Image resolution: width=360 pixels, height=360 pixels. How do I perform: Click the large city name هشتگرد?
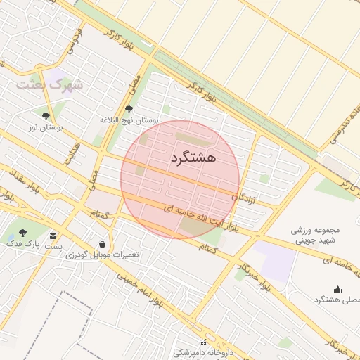coord(193,159)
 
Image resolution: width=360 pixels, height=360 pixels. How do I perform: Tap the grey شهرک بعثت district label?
coord(49,84)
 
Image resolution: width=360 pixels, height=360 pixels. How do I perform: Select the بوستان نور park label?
coord(45,127)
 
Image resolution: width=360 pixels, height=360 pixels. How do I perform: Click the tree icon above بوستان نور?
coord(46,116)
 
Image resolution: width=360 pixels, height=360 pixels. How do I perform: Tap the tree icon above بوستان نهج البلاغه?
coord(128,109)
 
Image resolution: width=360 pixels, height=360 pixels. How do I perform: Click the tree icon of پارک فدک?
coord(22,233)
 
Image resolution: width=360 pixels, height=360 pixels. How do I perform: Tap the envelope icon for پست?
coord(53,236)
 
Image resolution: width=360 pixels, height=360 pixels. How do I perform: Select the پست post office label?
coord(53,247)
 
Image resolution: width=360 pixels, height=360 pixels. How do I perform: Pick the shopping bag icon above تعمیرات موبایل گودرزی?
coord(103,243)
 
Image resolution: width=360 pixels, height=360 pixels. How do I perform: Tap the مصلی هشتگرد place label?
coord(337,300)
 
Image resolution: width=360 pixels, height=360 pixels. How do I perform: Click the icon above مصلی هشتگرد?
coord(337,289)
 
